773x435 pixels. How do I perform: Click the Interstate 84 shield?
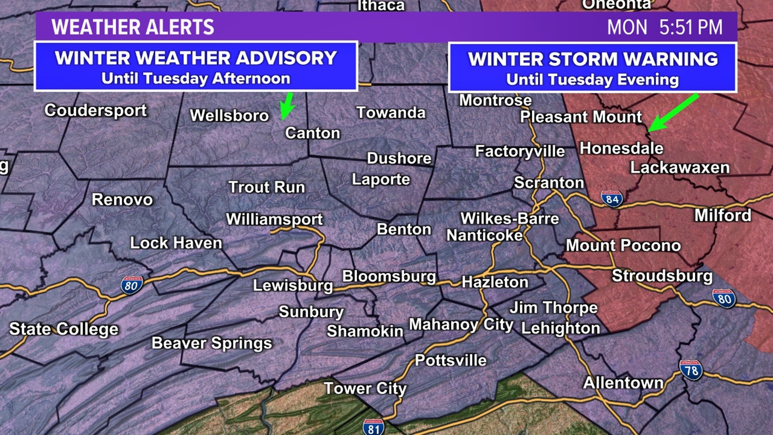pyautogui.click(x=612, y=199)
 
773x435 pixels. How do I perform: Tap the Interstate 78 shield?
pyautogui.click(x=691, y=370)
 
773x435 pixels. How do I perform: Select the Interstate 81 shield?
pyautogui.click(x=373, y=428)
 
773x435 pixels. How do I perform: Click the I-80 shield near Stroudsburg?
pyautogui.click(x=724, y=298)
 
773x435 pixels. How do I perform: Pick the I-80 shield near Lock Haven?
pyautogui.click(x=132, y=285)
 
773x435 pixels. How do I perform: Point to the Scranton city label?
pyautogui.click(x=549, y=183)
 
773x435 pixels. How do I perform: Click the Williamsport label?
pyautogui.click(x=274, y=220)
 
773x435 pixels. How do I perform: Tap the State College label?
pyautogui.click(x=64, y=329)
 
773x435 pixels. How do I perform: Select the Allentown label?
pyautogui.click(x=623, y=383)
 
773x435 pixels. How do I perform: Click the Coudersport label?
pyautogui.click(x=95, y=110)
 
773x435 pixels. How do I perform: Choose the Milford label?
pyautogui.click(x=723, y=215)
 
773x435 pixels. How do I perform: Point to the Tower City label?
pyautogui.click(x=365, y=389)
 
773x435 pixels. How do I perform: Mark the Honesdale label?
pyautogui.click(x=621, y=149)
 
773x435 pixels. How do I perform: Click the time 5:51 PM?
pyautogui.click(x=690, y=27)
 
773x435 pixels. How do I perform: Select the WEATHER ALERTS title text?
pyautogui.click(x=132, y=27)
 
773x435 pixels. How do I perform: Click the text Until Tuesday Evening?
pyautogui.click(x=592, y=80)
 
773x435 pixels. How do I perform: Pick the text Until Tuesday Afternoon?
pyautogui.click(x=196, y=79)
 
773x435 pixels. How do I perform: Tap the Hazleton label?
pyautogui.click(x=494, y=282)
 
